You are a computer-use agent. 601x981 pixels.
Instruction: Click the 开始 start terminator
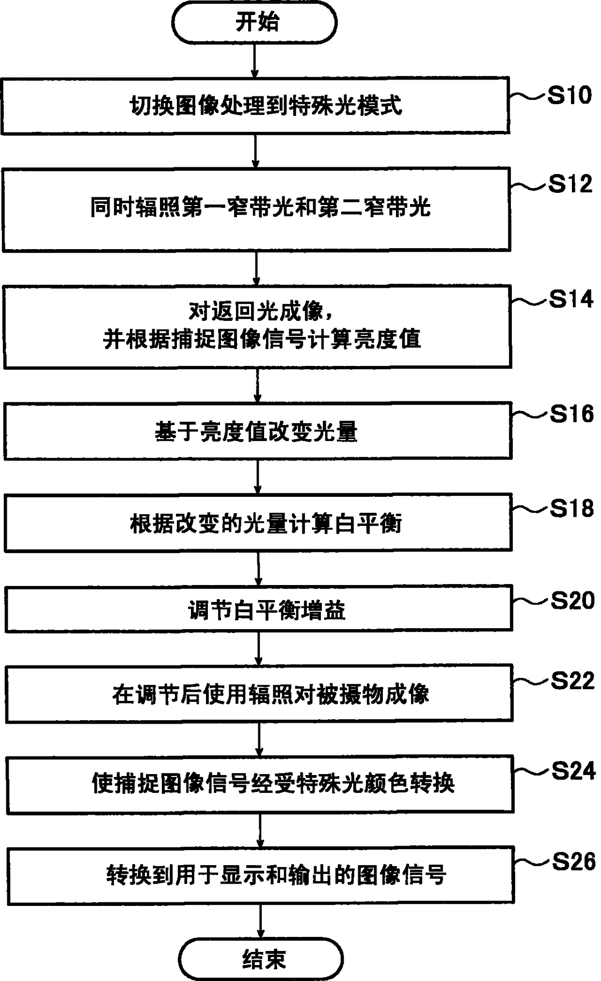pyautogui.click(x=254, y=22)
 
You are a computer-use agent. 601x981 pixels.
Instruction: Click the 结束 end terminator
pyautogui.click(x=261, y=959)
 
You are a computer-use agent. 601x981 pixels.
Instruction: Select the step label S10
pyautogui.click(x=569, y=95)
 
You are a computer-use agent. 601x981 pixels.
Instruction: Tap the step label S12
pyautogui.click(x=570, y=184)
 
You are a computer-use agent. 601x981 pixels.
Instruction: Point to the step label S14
pyautogui.click(x=571, y=299)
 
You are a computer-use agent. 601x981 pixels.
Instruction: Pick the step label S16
pyautogui.click(x=572, y=414)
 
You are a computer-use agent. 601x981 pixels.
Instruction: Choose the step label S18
pyautogui.click(x=572, y=508)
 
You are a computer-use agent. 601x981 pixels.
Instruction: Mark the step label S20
pyautogui.click(x=572, y=601)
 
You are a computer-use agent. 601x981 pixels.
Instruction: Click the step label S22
pyautogui.click(x=573, y=681)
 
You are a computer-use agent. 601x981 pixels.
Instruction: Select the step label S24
pyautogui.click(x=573, y=771)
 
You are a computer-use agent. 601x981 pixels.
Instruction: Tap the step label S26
pyautogui.click(x=574, y=861)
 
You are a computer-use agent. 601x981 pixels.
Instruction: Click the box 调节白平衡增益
pyautogui.click(x=259, y=609)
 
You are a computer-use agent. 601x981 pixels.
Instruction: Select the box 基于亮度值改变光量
pyautogui.click(x=258, y=431)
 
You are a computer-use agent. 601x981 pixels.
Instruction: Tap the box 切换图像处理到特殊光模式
pyautogui.click(x=255, y=105)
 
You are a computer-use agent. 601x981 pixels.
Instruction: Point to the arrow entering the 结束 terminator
pyautogui.click(x=261, y=921)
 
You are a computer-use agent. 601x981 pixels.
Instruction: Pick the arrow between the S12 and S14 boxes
pyautogui.click(x=256, y=268)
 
